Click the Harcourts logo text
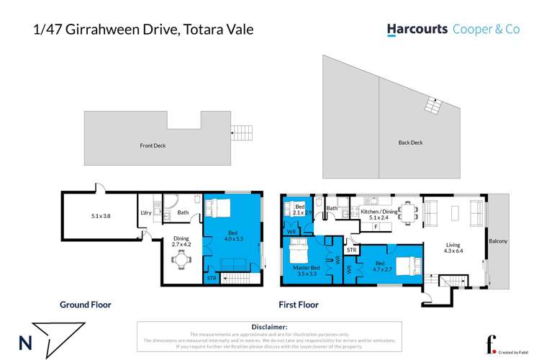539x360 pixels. pos(417,30)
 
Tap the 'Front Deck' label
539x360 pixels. pos(153,145)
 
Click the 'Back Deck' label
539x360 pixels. pos(410,143)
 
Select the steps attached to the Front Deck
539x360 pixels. pos(242,132)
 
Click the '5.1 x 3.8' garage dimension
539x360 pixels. pos(101,215)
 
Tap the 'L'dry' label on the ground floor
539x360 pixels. pos(145,212)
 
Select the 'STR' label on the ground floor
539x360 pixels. pos(212,278)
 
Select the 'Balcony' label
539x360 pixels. pos(497,241)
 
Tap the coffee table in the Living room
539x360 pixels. pos(455,212)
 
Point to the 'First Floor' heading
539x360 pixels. pos(299,305)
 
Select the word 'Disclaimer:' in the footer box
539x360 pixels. pos(270,326)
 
